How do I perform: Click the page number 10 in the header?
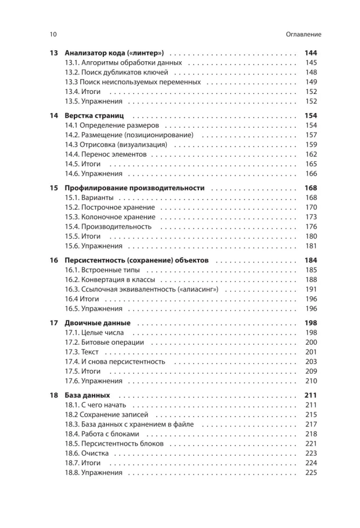(53, 34)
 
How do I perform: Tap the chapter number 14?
(53, 116)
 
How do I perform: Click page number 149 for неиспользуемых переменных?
(311, 82)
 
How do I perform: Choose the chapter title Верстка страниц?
(94, 116)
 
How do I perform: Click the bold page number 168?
(310, 188)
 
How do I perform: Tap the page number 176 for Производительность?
(311, 227)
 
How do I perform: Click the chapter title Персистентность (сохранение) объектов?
(137, 260)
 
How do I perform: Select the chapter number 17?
(53, 323)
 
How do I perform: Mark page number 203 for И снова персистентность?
(311, 362)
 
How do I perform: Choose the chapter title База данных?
(87, 395)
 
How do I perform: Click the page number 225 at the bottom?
(311, 473)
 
